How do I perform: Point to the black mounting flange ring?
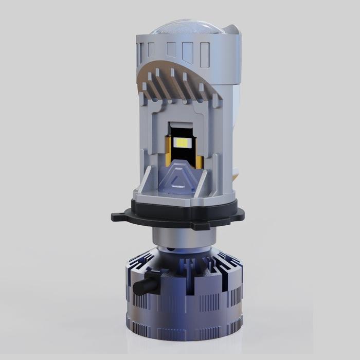[180, 214]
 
